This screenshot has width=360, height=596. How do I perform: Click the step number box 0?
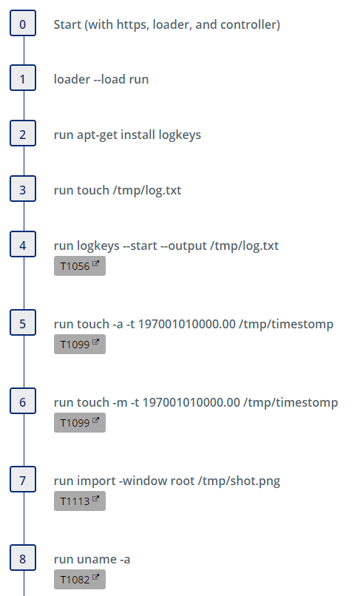tap(23, 23)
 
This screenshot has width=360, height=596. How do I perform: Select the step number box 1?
tap(23, 78)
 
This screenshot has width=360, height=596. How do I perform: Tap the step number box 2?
tap(23, 133)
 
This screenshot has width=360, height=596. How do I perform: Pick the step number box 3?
tap(23, 189)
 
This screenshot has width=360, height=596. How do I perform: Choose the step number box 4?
tap(23, 245)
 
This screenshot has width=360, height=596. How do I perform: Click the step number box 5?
tap(23, 322)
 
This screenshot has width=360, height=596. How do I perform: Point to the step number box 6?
tap(23, 401)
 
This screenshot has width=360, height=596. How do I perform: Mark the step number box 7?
tap(23, 479)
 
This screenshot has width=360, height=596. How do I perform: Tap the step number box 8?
tap(23, 558)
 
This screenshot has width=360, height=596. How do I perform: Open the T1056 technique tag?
tap(79, 266)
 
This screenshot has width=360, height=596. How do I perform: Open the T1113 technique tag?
tap(79, 501)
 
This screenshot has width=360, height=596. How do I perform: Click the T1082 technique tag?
tap(79, 579)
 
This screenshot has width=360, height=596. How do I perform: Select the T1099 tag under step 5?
tap(79, 345)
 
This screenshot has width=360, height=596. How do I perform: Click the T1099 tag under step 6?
tap(79, 423)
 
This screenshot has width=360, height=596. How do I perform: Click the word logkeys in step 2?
tap(180, 135)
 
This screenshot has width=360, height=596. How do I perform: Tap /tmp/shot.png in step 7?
tap(239, 481)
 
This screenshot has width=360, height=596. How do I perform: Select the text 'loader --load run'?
tap(101, 79)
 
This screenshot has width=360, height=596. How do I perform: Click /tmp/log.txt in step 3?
tap(147, 191)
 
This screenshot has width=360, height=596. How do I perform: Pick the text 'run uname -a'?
tap(92, 560)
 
